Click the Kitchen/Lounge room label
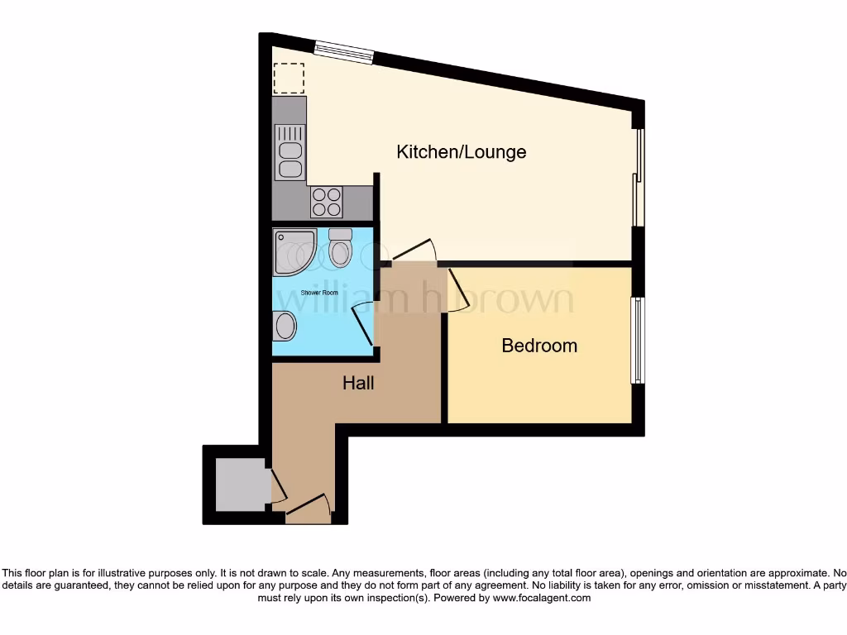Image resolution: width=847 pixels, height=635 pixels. click(x=461, y=152)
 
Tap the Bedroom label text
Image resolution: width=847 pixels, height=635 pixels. click(x=539, y=346)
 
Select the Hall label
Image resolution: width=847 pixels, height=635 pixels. click(x=358, y=383)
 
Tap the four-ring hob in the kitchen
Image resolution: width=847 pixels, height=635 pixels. click(x=326, y=202)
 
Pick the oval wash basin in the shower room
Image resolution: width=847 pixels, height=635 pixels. click(x=285, y=326)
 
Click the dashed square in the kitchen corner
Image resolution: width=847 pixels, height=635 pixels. click(x=289, y=77)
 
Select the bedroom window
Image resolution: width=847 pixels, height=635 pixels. click(x=637, y=340)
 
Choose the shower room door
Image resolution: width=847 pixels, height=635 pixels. click(x=365, y=322)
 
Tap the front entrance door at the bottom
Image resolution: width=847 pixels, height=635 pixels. click(x=308, y=505)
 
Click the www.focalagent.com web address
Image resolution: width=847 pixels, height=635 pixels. click(x=542, y=598)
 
